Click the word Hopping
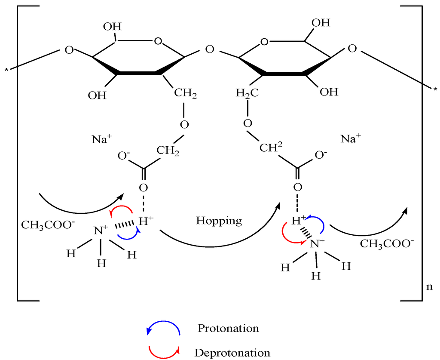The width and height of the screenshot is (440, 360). (219, 221)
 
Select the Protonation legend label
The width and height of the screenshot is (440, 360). (228, 328)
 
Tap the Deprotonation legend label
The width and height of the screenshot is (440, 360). (232, 353)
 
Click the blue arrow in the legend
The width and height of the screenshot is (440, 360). (164, 328)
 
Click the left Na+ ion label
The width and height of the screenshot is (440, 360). (101, 139)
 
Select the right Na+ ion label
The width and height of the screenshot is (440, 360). (351, 138)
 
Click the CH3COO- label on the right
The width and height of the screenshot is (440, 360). (387, 244)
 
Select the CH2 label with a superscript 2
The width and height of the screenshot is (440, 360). (271, 148)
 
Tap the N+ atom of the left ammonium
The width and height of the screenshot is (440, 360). (101, 231)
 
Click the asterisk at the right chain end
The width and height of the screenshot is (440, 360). (435, 89)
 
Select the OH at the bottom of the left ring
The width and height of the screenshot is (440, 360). (97, 95)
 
